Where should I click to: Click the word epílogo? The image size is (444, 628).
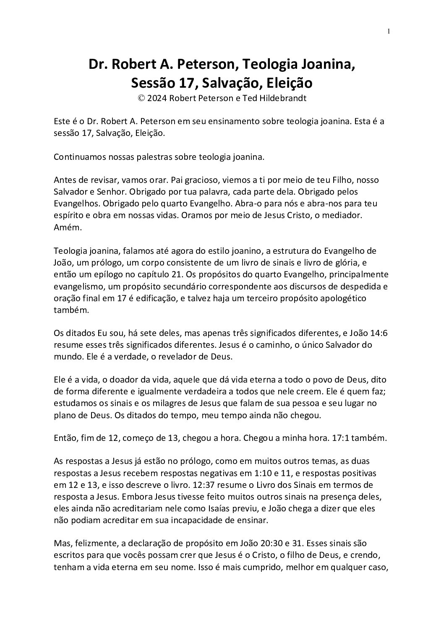click(x=101, y=275)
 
